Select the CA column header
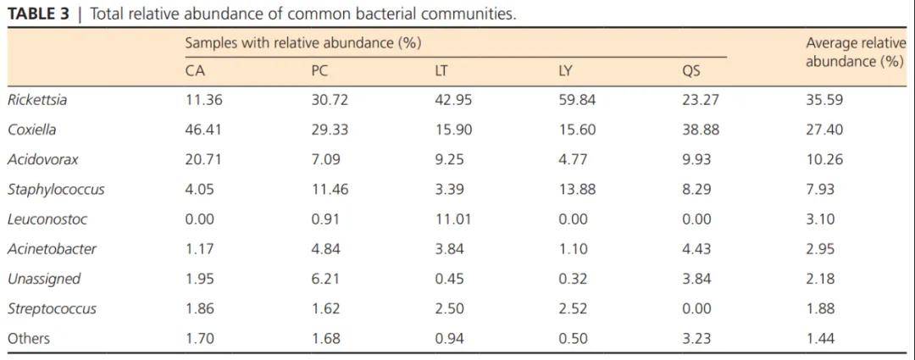point(195,70)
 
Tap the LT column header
point(441,70)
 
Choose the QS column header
point(691,70)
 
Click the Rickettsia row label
point(37,100)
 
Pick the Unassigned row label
point(44,279)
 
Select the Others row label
point(29,339)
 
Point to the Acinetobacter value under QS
point(696,249)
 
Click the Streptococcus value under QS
point(696,309)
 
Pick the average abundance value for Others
point(820,339)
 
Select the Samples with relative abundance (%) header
point(303,42)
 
